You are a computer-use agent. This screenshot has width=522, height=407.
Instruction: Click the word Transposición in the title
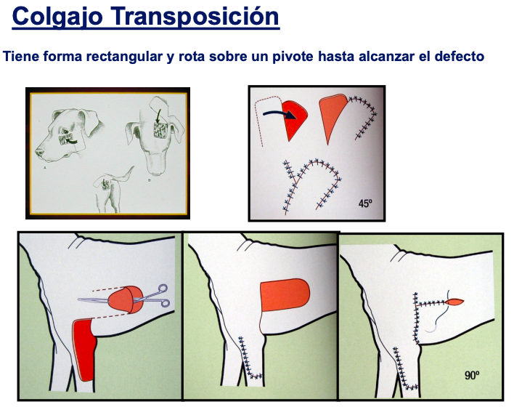coord(195,16)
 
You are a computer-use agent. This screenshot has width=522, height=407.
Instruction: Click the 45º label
coord(365,203)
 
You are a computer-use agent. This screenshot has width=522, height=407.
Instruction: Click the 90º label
coord(472,375)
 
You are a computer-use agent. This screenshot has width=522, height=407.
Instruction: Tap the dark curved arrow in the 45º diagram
coord(280,113)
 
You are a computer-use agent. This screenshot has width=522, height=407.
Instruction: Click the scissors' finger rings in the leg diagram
coord(163,295)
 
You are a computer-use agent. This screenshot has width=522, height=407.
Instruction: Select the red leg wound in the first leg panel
coord(84,350)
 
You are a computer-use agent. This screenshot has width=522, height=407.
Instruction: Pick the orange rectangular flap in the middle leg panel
coord(285,294)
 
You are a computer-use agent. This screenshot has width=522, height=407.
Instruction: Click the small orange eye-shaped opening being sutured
coord(454,302)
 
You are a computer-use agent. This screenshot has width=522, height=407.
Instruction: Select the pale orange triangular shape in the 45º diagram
coord(333,117)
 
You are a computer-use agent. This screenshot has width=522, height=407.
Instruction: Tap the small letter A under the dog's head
coord(44,168)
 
